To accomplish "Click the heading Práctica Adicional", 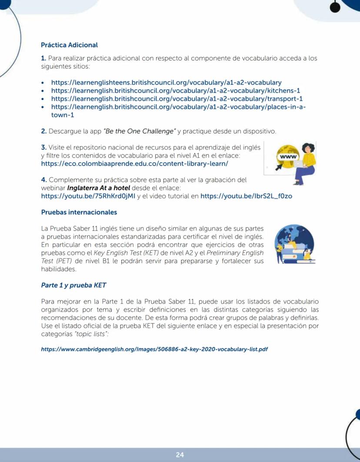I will [x=69, y=45].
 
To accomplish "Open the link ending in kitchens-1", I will [x=176, y=90].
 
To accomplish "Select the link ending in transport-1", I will [x=177, y=99].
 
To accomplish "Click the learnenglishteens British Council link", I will [x=166, y=82].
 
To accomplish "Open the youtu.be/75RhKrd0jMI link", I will [x=88, y=196].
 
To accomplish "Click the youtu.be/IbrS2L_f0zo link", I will [x=246, y=196].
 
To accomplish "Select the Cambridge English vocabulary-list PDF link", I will [x=154, y=349].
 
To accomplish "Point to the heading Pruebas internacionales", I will [x=79, y=213].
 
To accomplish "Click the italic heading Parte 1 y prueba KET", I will [x=73, y=285].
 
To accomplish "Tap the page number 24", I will [x=180, y=455].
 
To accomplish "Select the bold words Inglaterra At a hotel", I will [x=96, y=188].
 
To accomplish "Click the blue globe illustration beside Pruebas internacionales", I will [x=294, y=244].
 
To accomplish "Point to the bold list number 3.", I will [x=43, y=147].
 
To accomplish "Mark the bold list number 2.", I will [x=43, y=131].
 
